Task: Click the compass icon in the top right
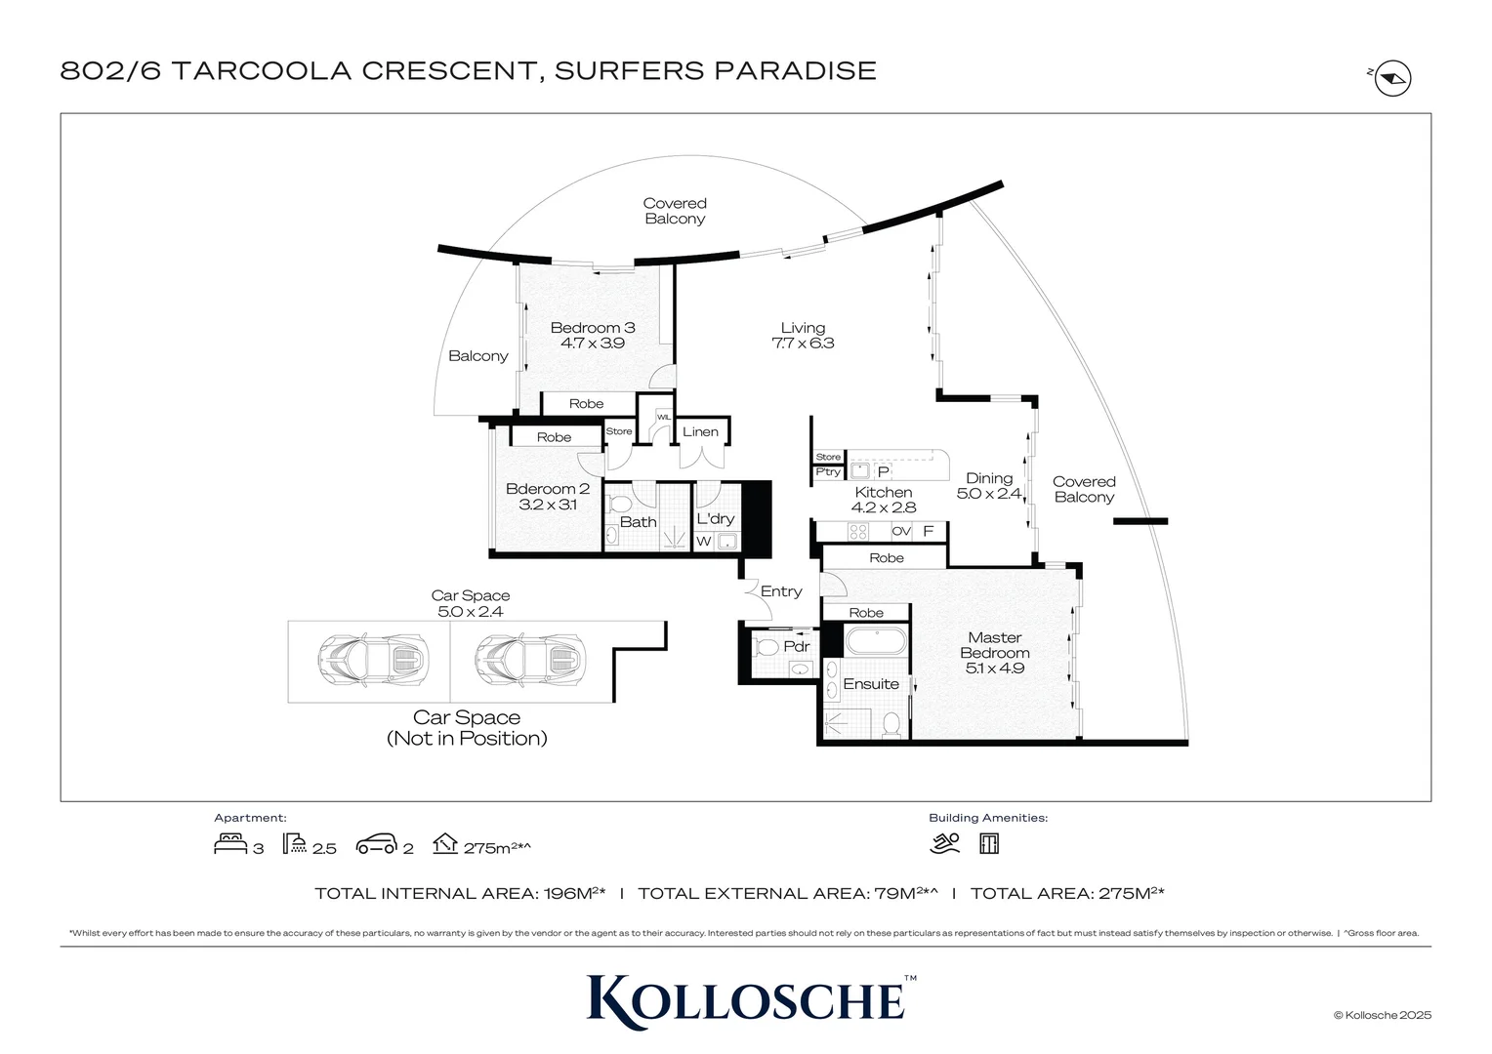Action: click(x=1392, y=78)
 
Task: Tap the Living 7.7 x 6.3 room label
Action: click(x=803, y=336)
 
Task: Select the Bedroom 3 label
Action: click(x=592, y=335)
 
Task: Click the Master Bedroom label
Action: click(x=994, y=652)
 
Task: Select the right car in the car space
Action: click(x=530, y=661)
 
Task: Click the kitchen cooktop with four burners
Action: click(x=857, y=532)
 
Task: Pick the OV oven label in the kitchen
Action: click(x=901, y=532)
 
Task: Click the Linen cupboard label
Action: click(x=700, y=431)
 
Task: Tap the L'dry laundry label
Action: click(x=715, y=519)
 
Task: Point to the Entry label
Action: click(x=781, y=591)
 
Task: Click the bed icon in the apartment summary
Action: click(x=229, y=844)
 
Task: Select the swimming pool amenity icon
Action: click(x=944, y=844)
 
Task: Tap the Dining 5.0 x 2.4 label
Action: click(x=989, y=486)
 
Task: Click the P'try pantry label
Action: click(x=828, y=472)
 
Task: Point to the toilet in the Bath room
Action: click(x=619, y=505)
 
